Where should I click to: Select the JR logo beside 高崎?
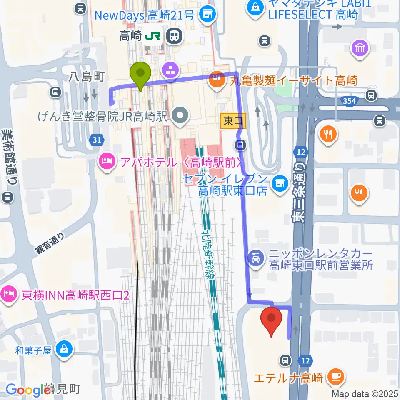[153, 37]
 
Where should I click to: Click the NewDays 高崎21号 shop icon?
[207, 16]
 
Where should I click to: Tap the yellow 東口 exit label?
[233, 121]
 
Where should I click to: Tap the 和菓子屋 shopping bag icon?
[64, 349]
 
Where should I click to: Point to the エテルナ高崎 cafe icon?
[335, 377]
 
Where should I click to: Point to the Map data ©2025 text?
[365, 393]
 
